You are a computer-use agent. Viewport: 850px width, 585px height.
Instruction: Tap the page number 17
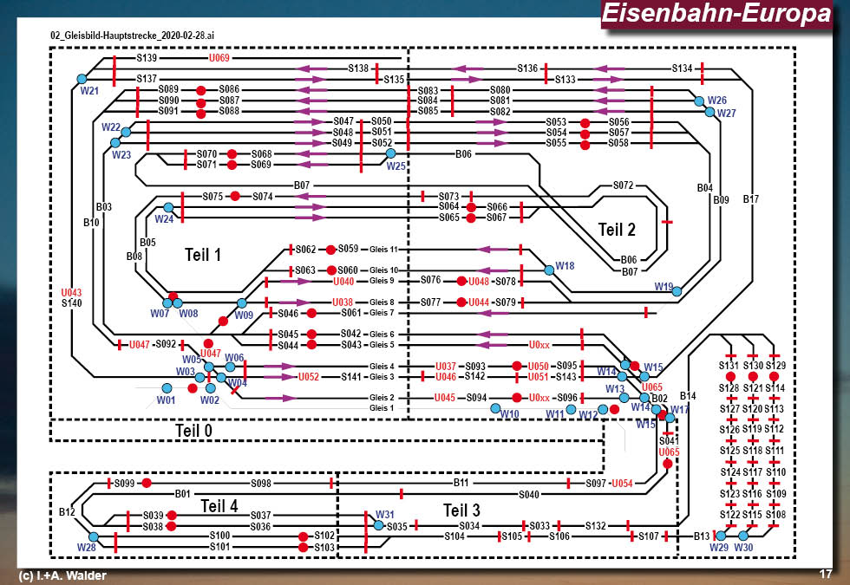coord(825,574)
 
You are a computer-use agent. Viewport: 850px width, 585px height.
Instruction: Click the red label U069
coord(219,58)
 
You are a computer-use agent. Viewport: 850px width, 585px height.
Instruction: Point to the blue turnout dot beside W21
coord(82,79)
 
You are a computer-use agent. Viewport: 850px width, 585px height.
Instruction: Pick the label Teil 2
coord(617,230)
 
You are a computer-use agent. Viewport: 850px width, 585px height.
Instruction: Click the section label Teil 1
coord(204,255)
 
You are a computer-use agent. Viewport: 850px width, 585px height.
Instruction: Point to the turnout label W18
coord(565,265)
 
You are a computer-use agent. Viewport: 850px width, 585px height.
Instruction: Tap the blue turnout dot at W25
coord(390,153)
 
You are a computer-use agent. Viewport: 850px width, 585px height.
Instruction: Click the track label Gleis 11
coord(382,249)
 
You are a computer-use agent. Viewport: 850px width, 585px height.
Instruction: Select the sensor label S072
coord(624,185)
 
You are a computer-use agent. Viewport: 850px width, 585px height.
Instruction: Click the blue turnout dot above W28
coord(94,537)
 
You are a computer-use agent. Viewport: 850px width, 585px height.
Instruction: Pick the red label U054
coord(622,483)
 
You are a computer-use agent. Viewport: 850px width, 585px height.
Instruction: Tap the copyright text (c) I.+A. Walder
coord(62,575)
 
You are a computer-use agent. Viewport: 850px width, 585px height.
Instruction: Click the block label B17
coord(751,199)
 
